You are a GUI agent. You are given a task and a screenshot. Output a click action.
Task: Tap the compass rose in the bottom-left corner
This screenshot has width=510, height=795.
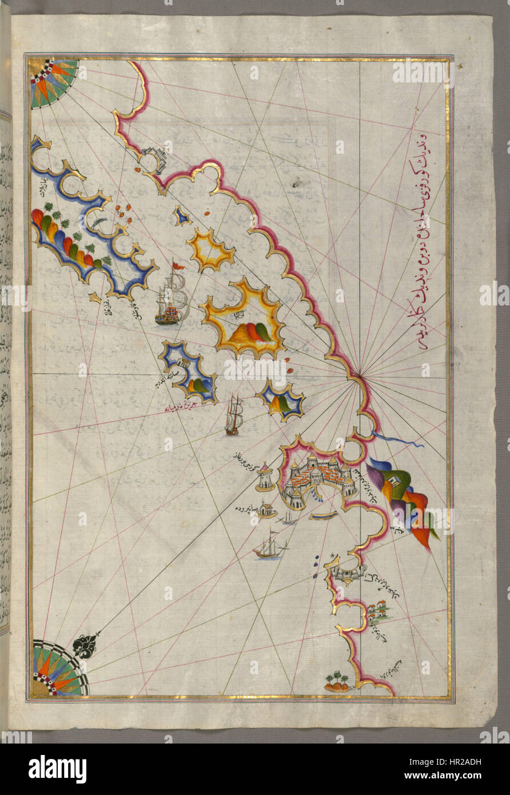(x=57, y=670)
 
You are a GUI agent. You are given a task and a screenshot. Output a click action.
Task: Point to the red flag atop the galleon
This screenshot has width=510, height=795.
(x=179, y=266)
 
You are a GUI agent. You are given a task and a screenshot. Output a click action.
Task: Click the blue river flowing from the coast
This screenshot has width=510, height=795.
(x=397, y=440)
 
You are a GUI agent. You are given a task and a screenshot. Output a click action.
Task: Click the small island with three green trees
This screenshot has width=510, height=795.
(x=337, y=682)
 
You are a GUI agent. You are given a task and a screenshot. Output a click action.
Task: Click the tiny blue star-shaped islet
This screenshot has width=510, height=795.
(x=182, y=216)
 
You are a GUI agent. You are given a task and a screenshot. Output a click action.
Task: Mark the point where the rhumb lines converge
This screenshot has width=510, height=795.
(x=359, y=376)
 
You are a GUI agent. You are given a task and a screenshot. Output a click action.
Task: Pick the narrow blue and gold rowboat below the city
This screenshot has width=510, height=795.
(x=324, y=516)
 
